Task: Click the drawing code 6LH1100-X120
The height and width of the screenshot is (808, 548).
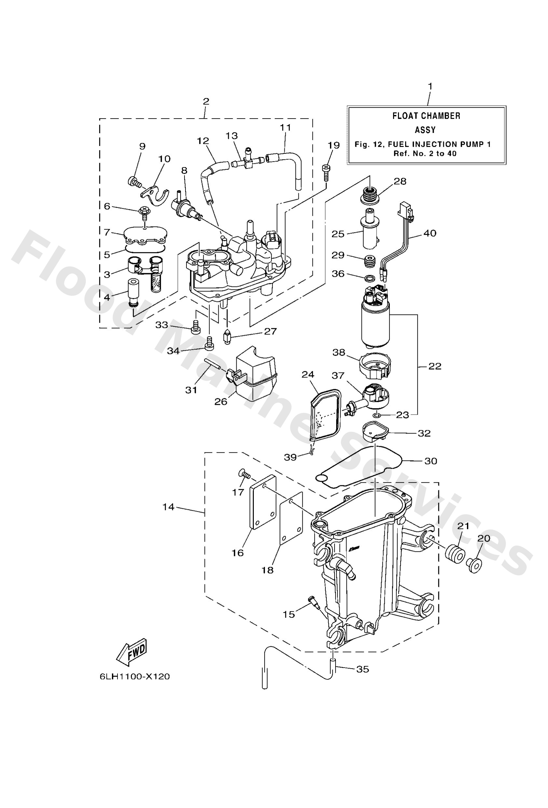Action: (x=134, y=676)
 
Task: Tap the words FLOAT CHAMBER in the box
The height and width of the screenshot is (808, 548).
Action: (x=426, y=116)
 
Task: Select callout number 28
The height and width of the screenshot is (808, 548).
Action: (x=400, y=181)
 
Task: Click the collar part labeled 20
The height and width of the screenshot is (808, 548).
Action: (x=474, y=565)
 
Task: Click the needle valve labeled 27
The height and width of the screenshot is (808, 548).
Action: (x=227, y=337)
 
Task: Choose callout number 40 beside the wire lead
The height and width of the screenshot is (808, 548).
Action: (x=430, y=233)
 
